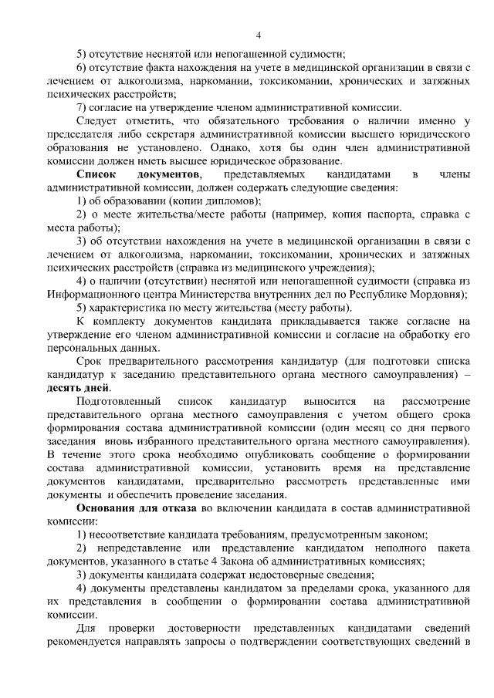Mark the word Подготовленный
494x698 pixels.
pos(119,401)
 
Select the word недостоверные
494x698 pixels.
pos(277,575)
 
